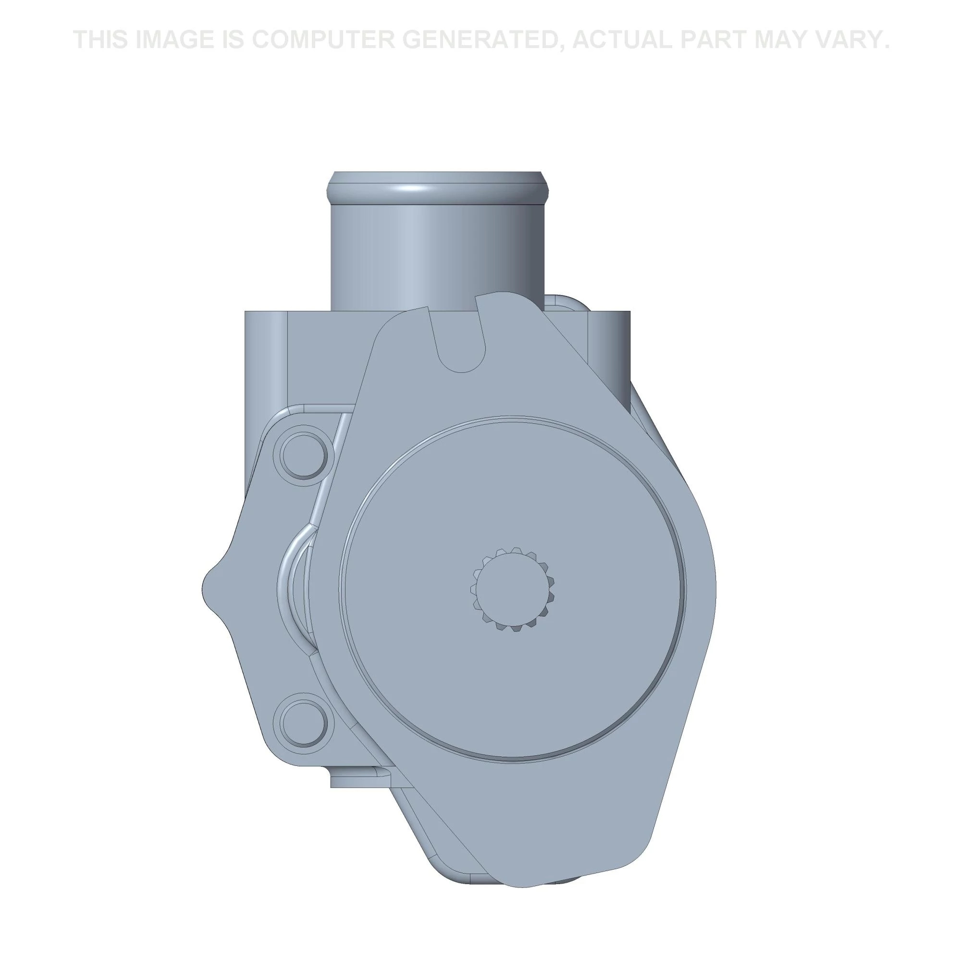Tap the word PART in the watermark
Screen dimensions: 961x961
(717, 40)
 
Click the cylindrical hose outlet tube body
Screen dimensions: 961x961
(437, 249)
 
